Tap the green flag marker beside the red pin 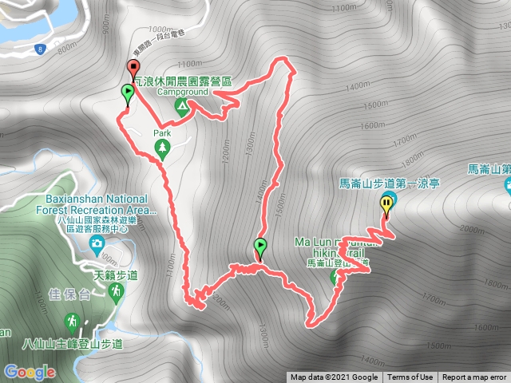click(x=127, y=94)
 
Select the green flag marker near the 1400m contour click(x=260, y=247)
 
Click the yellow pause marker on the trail click(x=387, y=205)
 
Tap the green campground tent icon click(x=183, y=105)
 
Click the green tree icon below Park click(x=163, y=148)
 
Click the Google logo click(x=30, y=372)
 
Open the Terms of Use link click(x=410, y=377)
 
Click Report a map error click(x=475, y=377)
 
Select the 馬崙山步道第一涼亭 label click(x=390, y=183)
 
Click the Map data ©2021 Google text click(x=334, y=377)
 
